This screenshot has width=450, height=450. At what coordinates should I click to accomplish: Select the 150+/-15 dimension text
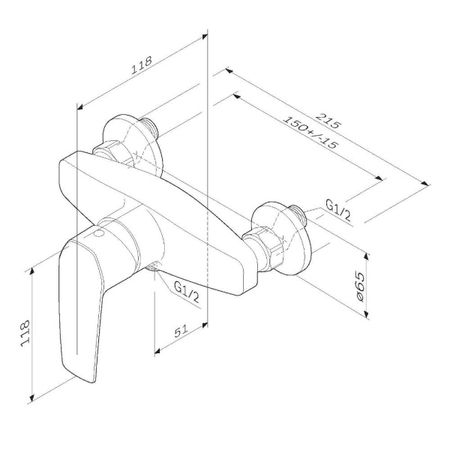point(310,132)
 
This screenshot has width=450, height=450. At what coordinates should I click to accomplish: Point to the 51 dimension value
point(181,331)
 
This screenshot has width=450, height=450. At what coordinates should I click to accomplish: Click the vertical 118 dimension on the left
point(25,333)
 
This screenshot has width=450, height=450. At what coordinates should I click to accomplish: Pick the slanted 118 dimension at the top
point(141,65)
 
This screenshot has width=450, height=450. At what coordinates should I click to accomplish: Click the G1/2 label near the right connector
point(338,210)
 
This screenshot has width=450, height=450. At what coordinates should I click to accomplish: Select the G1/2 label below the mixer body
point(187,292)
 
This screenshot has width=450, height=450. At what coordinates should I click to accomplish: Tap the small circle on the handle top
point(99,233)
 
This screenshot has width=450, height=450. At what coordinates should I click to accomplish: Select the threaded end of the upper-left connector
point(149,126)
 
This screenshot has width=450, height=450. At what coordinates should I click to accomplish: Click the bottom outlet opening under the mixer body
point(153,265)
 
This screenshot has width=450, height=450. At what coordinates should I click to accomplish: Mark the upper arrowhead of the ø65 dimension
point(367,256)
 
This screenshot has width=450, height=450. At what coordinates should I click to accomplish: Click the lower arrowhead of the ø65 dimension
point(367,314)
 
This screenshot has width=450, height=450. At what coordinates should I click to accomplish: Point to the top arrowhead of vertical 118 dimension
point(31,271)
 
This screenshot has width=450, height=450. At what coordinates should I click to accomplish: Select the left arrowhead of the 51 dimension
point(157,351)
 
